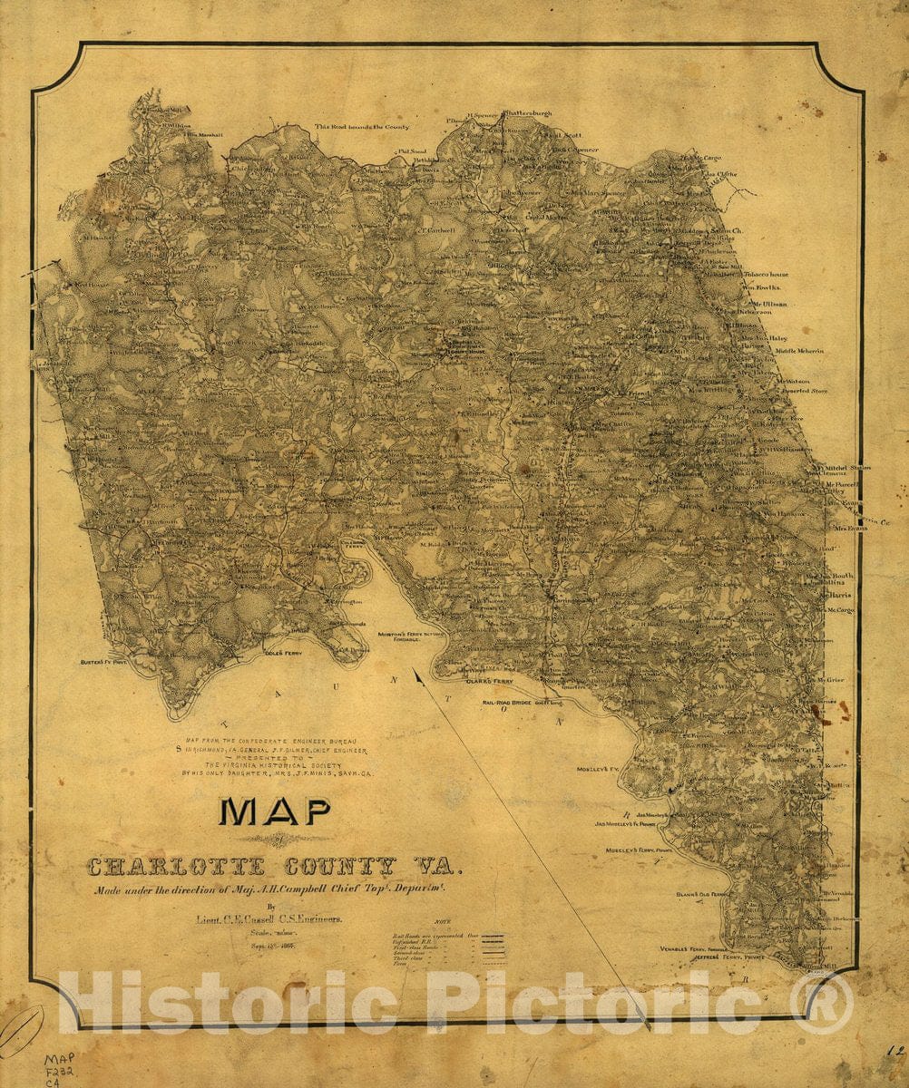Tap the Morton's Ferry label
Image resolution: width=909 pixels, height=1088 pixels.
click(x=410, y=635)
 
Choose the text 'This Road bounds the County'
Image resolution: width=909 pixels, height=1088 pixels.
click(x=362, y=127)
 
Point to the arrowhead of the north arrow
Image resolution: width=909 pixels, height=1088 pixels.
click(x=415, y=673)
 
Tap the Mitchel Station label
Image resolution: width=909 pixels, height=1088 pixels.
click(x=844, y=469)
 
